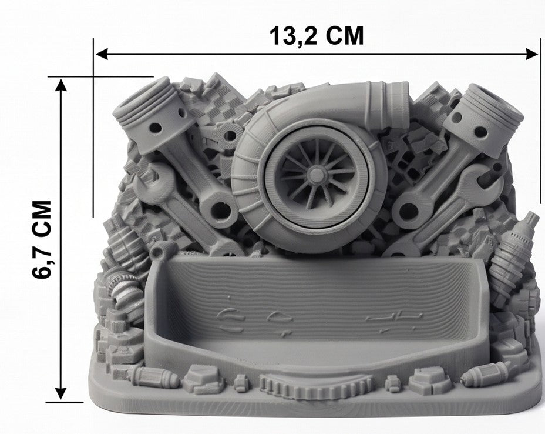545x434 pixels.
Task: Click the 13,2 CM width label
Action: [317, 35]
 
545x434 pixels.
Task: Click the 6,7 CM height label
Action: [42, 239]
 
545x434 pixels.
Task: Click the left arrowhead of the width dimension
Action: [102, 54]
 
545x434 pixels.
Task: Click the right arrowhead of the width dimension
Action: [532, 54]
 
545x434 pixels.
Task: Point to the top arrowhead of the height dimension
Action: [61, 85]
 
